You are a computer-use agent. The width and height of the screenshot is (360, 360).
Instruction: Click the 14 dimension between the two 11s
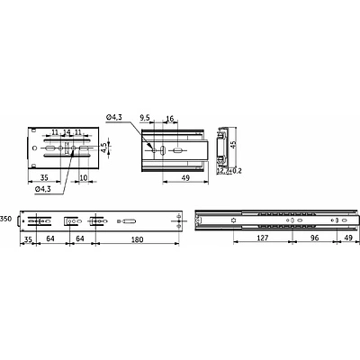[67, 132]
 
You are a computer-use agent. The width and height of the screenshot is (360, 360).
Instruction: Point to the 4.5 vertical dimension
[105, 147]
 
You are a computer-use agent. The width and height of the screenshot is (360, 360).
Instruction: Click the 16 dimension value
[171, 117]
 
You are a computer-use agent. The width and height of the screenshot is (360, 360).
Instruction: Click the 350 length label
[5, 219]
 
